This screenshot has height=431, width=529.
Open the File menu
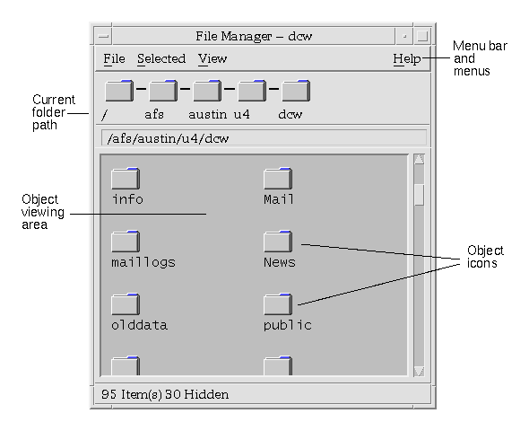click(114, 58)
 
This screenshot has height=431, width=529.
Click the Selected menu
click(161, 58)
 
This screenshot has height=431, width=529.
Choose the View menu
click(212, 58)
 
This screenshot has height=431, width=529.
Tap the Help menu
click(407, 58)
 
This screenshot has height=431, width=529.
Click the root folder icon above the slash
click(119, 91)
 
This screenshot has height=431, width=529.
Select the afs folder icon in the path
click(163, 91)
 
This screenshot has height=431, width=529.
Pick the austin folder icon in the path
click(207, 91)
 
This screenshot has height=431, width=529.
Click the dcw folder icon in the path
click(296, 91)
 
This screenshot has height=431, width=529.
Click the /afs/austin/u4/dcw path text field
click(264, 138)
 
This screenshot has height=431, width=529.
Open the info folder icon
click(126, 179)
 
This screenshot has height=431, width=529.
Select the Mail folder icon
click(278, 179)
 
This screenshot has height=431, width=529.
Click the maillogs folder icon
click(126, 242)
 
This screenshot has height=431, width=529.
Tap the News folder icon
click(278, 242)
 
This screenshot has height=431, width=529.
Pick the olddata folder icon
click(126, 304)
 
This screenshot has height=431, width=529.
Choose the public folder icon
click(278, 304)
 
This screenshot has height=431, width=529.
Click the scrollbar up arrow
click(419, 160)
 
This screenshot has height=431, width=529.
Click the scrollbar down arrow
click(419, 371)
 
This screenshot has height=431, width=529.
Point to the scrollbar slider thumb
click(419, 195)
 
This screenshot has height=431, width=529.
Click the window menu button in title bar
click(103, 36)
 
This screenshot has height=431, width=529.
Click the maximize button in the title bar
click(422, 36)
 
